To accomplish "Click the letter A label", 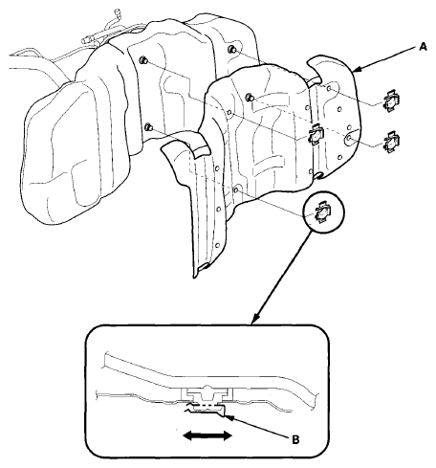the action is click(x=423, y=48).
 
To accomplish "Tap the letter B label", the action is click(x=295, y=440).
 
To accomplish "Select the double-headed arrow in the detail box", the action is click(x=207, y=435).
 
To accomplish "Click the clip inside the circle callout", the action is click(x=323, y=212).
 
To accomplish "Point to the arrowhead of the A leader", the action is click(x=357, y=69).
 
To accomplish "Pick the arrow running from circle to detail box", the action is click(x=282, y=277).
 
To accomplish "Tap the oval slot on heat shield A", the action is click(x=353, y=137).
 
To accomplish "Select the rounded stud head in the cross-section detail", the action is click(x=207, y=389).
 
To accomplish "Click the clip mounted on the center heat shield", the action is click(x=316, y=135).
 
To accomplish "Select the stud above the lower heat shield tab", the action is click(x=148, y=127).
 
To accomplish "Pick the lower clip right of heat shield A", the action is click(x=391, y=141).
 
